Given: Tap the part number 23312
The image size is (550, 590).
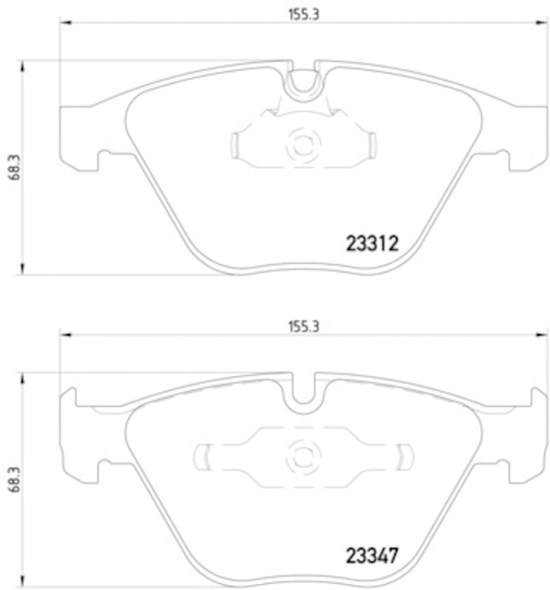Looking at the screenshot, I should coord(372,243).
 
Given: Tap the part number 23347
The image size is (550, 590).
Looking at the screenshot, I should coord(372,553).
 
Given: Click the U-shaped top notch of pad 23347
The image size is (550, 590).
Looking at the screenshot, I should coord(302,395).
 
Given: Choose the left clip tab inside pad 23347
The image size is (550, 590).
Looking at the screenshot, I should coord(202,456).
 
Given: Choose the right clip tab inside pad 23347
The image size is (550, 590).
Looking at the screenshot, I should coord(403,456).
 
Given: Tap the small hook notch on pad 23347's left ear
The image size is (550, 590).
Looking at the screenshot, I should coord(104,466).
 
